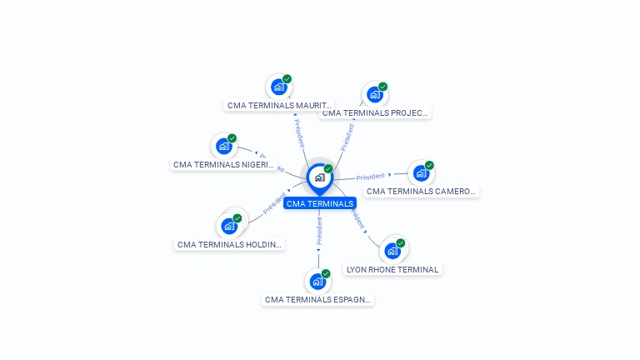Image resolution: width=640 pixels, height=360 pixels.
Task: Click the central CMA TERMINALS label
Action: click(x=320, y=203)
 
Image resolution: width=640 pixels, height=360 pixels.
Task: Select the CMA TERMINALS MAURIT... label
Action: click(x=280, y=106)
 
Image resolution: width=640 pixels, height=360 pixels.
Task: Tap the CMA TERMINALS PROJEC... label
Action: click(x=376, y=112)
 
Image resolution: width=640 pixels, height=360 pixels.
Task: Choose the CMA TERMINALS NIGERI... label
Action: click(x=224, y=165)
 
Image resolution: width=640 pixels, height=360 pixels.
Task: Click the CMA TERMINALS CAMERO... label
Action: click(x=422, y=191)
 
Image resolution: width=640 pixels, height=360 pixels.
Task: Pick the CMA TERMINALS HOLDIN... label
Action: click(x=230, y=245)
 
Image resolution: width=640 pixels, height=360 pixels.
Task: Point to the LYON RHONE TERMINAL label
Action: click(x=392, y=269)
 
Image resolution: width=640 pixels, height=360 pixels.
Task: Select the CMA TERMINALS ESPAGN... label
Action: click(x=317, y=299)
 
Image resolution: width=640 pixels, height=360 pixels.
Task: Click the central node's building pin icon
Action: click(x=319, y=177)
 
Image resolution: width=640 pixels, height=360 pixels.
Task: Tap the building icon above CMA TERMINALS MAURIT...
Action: click(x=278, y=87)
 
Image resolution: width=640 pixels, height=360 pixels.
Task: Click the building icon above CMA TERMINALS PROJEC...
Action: click(x=374, y=94)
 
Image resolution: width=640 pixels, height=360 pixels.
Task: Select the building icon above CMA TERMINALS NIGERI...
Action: click(x=223, y=146)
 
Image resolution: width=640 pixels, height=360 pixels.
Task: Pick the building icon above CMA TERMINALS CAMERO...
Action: click(x=420, y=173)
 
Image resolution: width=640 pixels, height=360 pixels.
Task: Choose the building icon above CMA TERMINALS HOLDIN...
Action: click(x=228, y=226)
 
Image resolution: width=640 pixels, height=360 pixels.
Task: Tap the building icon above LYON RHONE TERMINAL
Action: click(x=392, y=250)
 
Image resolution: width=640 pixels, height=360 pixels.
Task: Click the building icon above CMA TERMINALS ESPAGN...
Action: click(x=317, y=281)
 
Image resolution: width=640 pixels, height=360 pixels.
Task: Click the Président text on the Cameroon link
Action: click(x=370, y=177)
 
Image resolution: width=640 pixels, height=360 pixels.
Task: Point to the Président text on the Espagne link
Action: click(x=318, y=231)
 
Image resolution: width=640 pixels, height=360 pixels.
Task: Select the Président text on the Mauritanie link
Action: click(x=297, y=133)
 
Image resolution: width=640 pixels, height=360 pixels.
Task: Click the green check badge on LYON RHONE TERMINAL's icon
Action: click(x=401, y=243)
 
